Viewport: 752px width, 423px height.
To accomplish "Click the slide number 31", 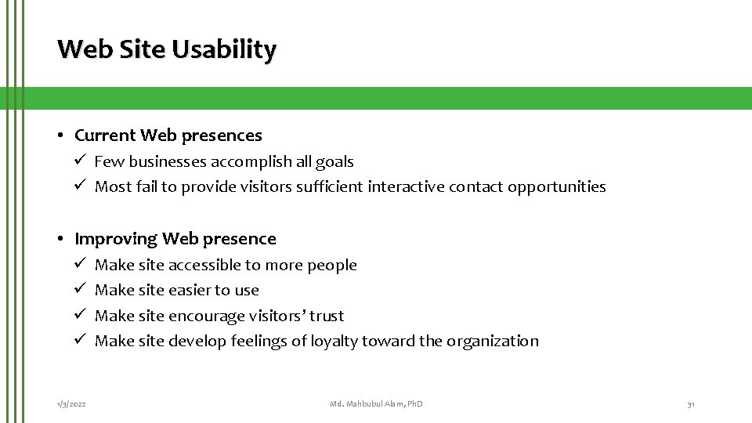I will click(690, 403).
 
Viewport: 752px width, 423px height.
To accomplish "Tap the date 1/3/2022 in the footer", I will click(71, 403).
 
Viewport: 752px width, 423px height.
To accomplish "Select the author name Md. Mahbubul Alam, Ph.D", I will click(376, 403).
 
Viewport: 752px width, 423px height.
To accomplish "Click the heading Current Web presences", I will click(168, 136).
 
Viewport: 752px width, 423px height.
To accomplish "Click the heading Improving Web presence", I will click(175, 239).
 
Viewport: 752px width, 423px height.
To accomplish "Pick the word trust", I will click(327, 316).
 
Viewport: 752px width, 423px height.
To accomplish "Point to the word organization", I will click(493, 341).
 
